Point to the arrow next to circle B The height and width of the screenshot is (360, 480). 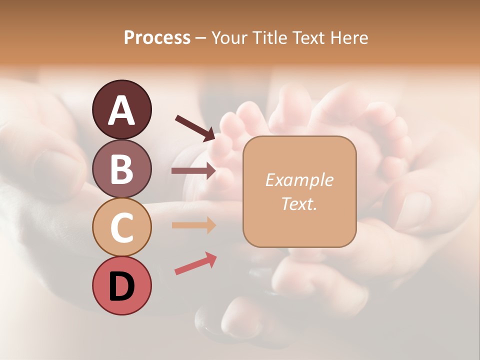(193, 171)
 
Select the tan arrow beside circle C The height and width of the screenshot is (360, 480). (193, 225)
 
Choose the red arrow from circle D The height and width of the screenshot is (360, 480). (195, 264)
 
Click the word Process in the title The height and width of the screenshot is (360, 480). (157, 38)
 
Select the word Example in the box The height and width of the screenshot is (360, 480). (299, 180)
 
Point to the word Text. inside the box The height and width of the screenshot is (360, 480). (299, 203)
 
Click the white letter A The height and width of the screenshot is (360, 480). (121, 111)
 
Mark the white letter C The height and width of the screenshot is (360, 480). (121, 228)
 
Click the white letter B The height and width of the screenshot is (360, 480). (121, 169)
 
